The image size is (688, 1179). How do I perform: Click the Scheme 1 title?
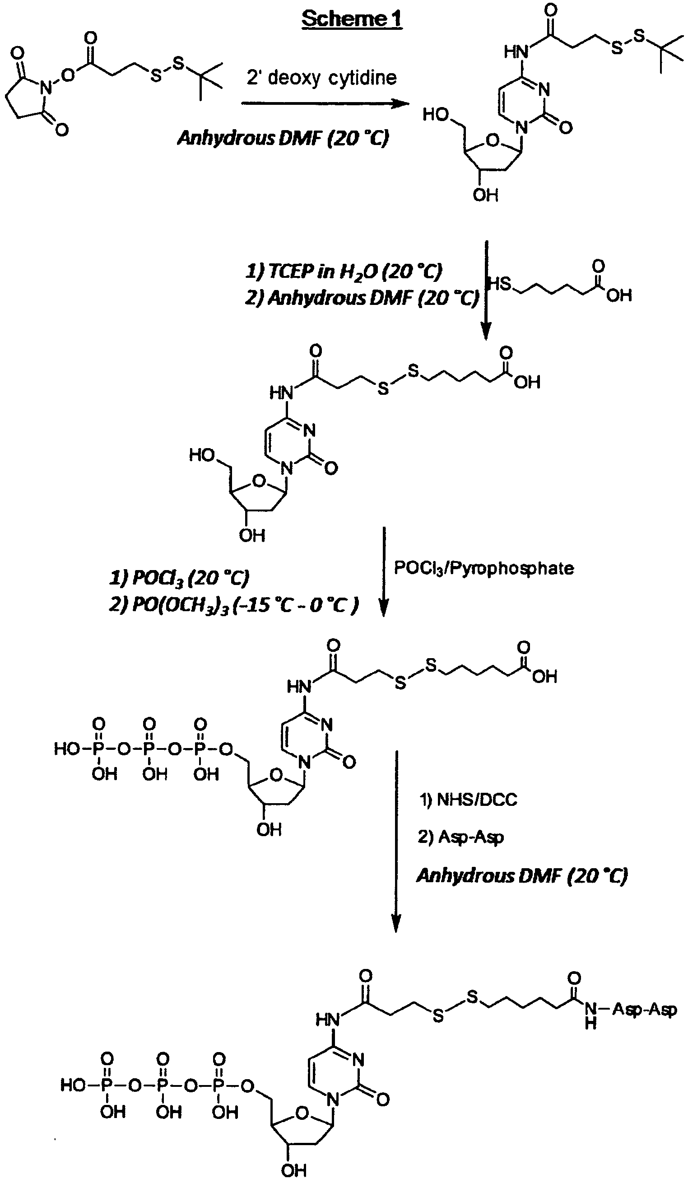pyautogui.click(x=352, y=19)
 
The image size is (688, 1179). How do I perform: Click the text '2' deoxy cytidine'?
pyautogui.click(x=321, y=77)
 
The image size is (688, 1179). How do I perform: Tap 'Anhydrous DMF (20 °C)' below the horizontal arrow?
pyautogui.click(x=283, y=138)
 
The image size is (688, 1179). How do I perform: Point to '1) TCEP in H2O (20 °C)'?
pyautogui.click(x=344, y=271)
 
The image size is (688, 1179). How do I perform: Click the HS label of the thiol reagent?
pyautogui.click(x=499, y=283)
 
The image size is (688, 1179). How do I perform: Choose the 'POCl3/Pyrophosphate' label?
pyautogui.click(x=483, y=568)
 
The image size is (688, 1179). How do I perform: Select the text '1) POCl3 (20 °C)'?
pyautogui.click(x=179, y=578)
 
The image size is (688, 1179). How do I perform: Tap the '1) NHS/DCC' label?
pyautogui.click(x=468, y=800)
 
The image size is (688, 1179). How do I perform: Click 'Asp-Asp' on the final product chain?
pyautogui.click(x=645, y=1010)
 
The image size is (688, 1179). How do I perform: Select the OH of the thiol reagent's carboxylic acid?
pyautogui.click(x=619, y=295)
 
